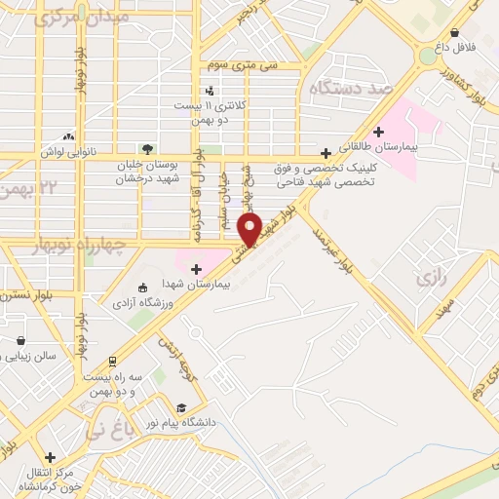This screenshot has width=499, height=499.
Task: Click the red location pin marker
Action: click(250, 229)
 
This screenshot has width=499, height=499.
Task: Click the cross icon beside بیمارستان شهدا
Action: click(196, 268)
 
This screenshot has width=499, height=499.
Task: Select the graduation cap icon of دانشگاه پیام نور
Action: click(181, 408)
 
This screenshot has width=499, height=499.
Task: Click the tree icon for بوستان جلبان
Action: click(146, 149)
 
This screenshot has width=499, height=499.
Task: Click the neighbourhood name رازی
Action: click(429, 279)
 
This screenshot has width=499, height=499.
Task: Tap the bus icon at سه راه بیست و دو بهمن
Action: click(112, 361)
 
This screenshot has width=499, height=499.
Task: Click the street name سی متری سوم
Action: click(242, 64)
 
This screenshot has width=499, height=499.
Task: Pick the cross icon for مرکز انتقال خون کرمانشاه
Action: click(50, 456)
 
